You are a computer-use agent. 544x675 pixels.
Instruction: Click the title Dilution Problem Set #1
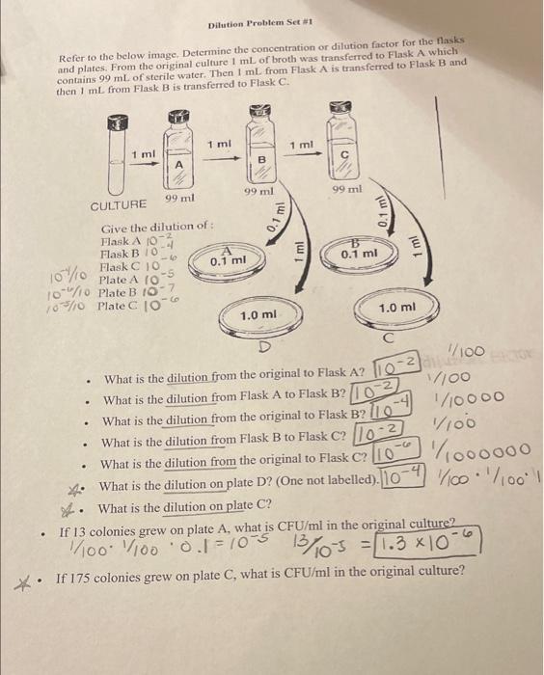click(x=240, y=22)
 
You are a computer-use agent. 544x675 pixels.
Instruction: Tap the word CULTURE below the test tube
click(x=119, y=205)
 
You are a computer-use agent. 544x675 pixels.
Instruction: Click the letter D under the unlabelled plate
click(x=263, y=345)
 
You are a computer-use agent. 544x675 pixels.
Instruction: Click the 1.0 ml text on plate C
click(x=397, y=308)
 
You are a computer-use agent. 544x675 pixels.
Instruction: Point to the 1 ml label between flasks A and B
click(x=218, y=144)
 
